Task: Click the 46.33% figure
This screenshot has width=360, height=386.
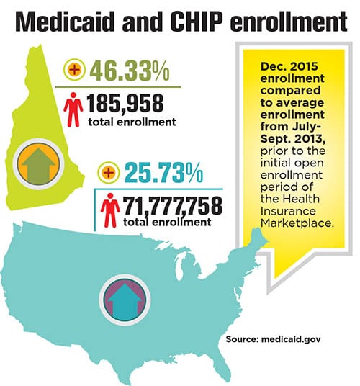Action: [x=130, y=71]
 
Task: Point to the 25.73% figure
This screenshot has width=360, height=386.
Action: [x=163, y=173]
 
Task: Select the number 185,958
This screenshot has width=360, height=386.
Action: [x=125, y=104]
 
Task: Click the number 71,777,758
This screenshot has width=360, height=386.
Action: [x=172, y=205]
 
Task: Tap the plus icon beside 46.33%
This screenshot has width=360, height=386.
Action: [x=75, y=70]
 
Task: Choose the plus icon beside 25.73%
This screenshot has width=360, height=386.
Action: [x=109, y=173]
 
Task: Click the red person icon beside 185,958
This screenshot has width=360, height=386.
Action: [x=73, y=109]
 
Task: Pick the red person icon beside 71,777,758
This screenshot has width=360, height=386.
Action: [x=110, y=210]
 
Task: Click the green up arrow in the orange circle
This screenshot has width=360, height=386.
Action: [x=39, y=163]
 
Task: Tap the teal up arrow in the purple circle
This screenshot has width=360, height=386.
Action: [x=125, y=301]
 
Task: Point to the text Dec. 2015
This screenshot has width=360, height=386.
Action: [x=289, y=66]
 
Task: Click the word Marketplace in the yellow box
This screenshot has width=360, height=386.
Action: [x=297, y=223]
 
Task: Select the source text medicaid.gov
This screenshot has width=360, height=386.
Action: [x=291, y=339]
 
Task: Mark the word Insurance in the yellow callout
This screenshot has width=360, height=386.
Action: [x=288, y=211]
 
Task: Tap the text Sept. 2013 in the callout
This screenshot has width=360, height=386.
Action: [x=293, y=139]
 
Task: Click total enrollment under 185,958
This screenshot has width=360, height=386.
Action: [x=132, y=122]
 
